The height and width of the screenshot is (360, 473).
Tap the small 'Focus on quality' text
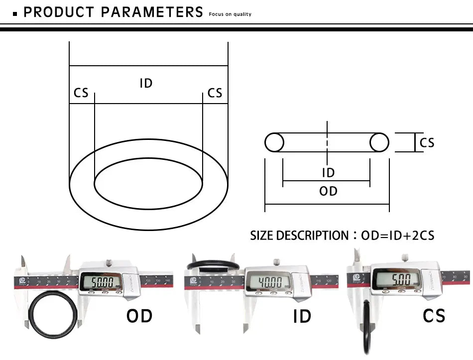[230, 14]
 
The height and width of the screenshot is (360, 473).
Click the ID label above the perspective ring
[146, 83]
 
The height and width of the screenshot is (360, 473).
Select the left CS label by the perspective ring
[81, 93]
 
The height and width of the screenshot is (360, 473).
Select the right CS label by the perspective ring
[215, 93]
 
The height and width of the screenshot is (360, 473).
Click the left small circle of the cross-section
[274, 142]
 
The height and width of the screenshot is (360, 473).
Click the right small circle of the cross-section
[379, 142]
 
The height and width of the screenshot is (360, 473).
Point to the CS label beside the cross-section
[427, 143]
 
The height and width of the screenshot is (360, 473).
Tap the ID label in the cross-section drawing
[328, 173]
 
